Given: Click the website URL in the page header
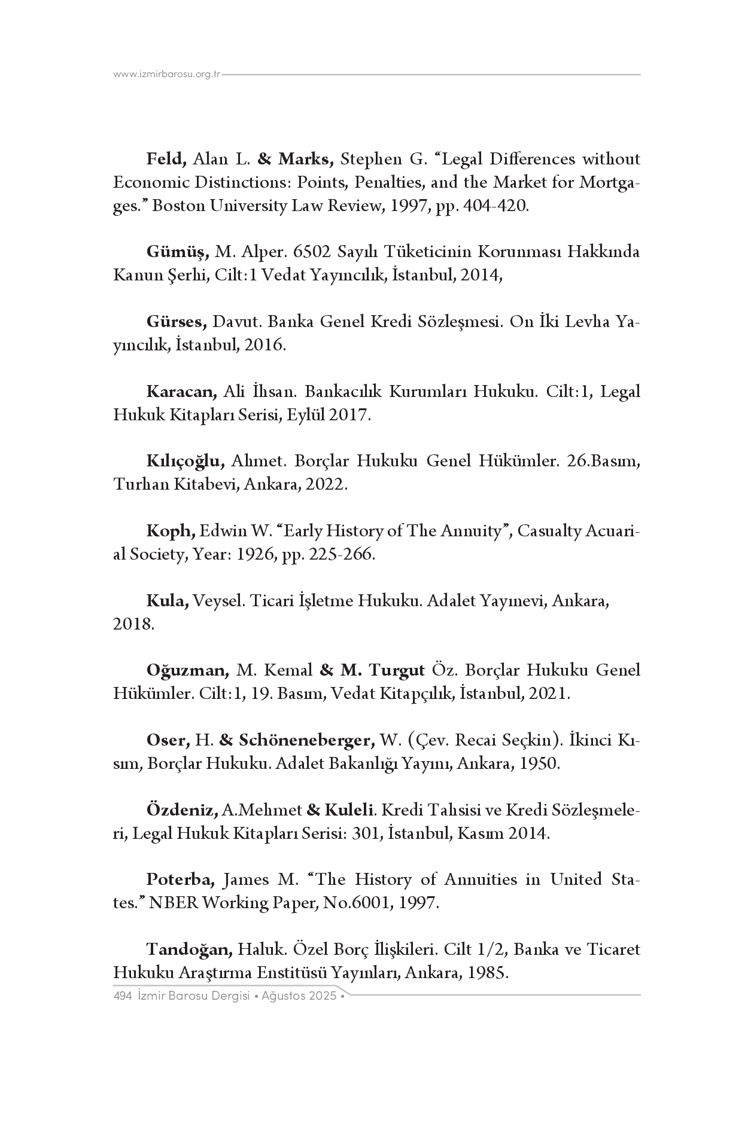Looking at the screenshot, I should [x=167, y=74].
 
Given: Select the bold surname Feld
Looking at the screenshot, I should [x=167, y=159].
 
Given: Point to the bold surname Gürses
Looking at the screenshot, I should [x=176, y=322].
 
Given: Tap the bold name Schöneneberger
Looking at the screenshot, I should [x=307, y=740].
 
